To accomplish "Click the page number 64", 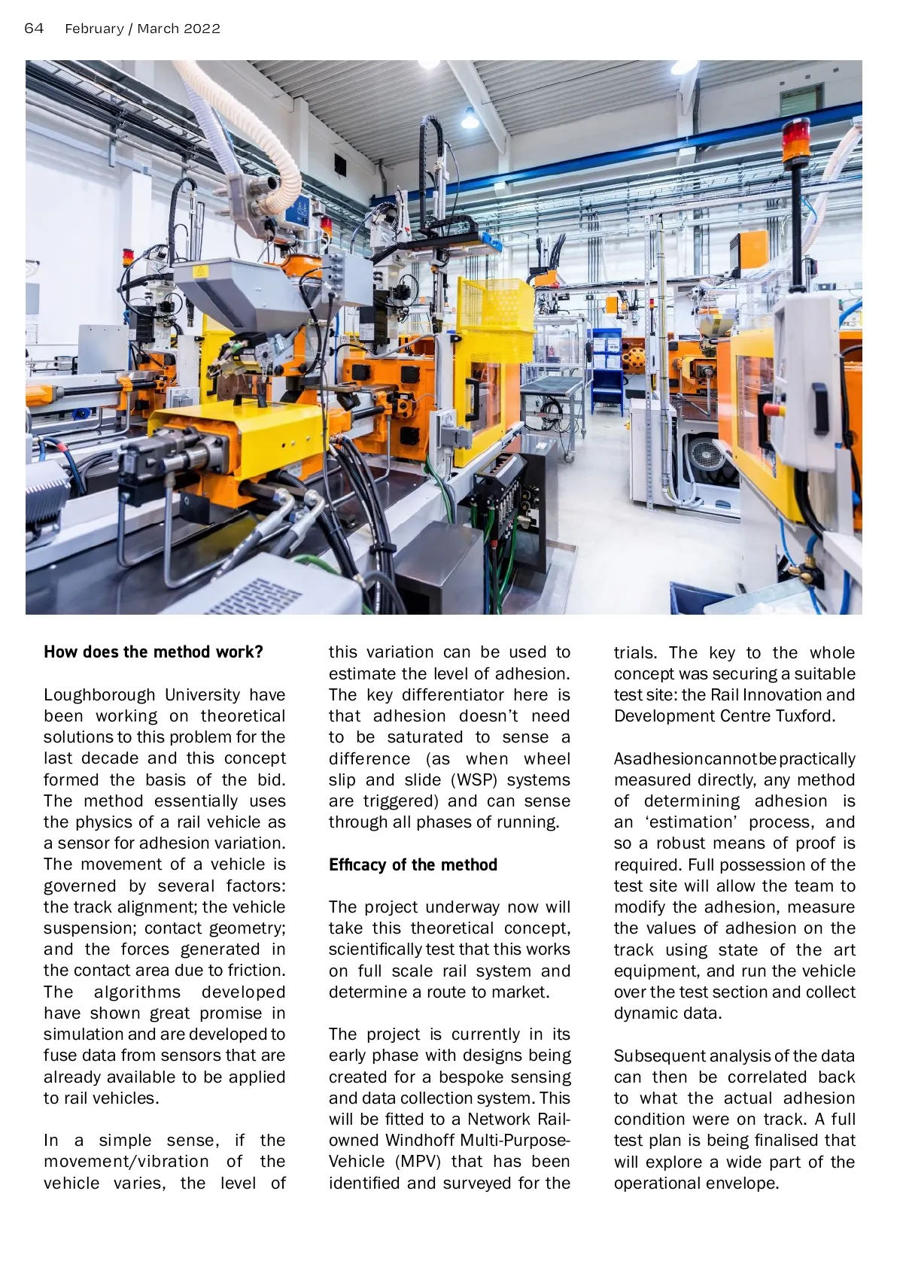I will point(34,29).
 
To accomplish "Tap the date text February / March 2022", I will point(142,29).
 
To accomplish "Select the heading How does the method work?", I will point(154,652).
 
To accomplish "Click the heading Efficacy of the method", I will point(413,864).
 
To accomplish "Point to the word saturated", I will point(425,737).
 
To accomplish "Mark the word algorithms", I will point(138,992).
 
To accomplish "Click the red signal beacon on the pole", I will point(795,140).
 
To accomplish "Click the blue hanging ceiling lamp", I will point(470,119).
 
